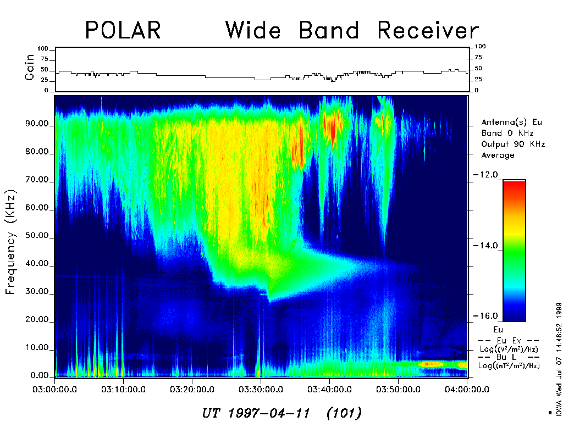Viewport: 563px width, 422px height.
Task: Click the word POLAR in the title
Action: coord(123,30)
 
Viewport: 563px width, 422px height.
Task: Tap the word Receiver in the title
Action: coord(428,30)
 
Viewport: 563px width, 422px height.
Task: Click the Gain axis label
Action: coord(30,70)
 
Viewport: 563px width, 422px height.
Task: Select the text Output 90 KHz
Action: coord(512,144)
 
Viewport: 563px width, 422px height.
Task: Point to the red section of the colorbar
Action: coord(514,190)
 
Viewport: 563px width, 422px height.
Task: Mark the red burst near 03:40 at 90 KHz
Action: coord(331,127)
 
